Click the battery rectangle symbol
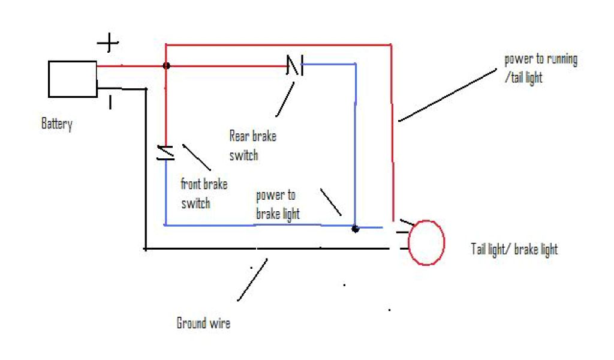pos(72,79)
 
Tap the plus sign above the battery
pos(109,43)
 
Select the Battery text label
pos(57,124)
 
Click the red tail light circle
pos(426,242)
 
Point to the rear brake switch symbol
pos(295,65)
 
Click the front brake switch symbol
pos(165,152)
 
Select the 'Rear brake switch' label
pos(252,145)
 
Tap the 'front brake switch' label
pos(204,193)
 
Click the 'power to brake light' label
pos(278,205)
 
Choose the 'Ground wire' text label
pos(203,323)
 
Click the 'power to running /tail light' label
pos(540,68)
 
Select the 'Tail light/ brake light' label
pos(514,249)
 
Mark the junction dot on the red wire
pos(166,65)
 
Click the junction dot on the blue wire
pos(355,229)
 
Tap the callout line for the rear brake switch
pos(285,99)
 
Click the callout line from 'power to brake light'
pos(330,202)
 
